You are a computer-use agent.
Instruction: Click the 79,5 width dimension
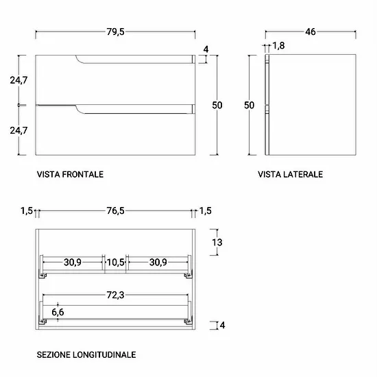pos(115,32)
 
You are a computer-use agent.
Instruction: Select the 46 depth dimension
pos(310,32)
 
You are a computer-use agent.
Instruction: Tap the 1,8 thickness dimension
pos(278,46)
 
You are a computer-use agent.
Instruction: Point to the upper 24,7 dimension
pos(19,80)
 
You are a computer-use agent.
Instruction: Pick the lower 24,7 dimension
pos(19,130)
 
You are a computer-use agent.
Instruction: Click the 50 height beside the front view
pos(217,106)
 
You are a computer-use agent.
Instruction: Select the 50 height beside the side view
pos(249,106)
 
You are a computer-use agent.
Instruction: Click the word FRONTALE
pos(83,174)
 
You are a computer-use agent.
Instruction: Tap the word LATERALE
pos(303,174)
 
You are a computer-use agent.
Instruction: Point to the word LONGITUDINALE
pos(104,354)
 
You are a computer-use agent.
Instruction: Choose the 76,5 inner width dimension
pos(115,211)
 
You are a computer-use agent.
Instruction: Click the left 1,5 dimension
pos(27,211)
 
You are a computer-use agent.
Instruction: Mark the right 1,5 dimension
pos(206,211)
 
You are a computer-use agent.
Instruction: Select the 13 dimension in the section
pos(217,243)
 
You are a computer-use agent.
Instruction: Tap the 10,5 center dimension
pos(115,263)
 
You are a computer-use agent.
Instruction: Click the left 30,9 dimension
pos(73,263)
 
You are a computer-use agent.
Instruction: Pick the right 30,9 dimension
pos(158,263)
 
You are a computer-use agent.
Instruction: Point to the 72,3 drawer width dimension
pos(115,295)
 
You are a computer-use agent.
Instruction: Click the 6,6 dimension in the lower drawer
pos(58,313)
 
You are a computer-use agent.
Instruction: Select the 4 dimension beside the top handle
pos(206,49)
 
